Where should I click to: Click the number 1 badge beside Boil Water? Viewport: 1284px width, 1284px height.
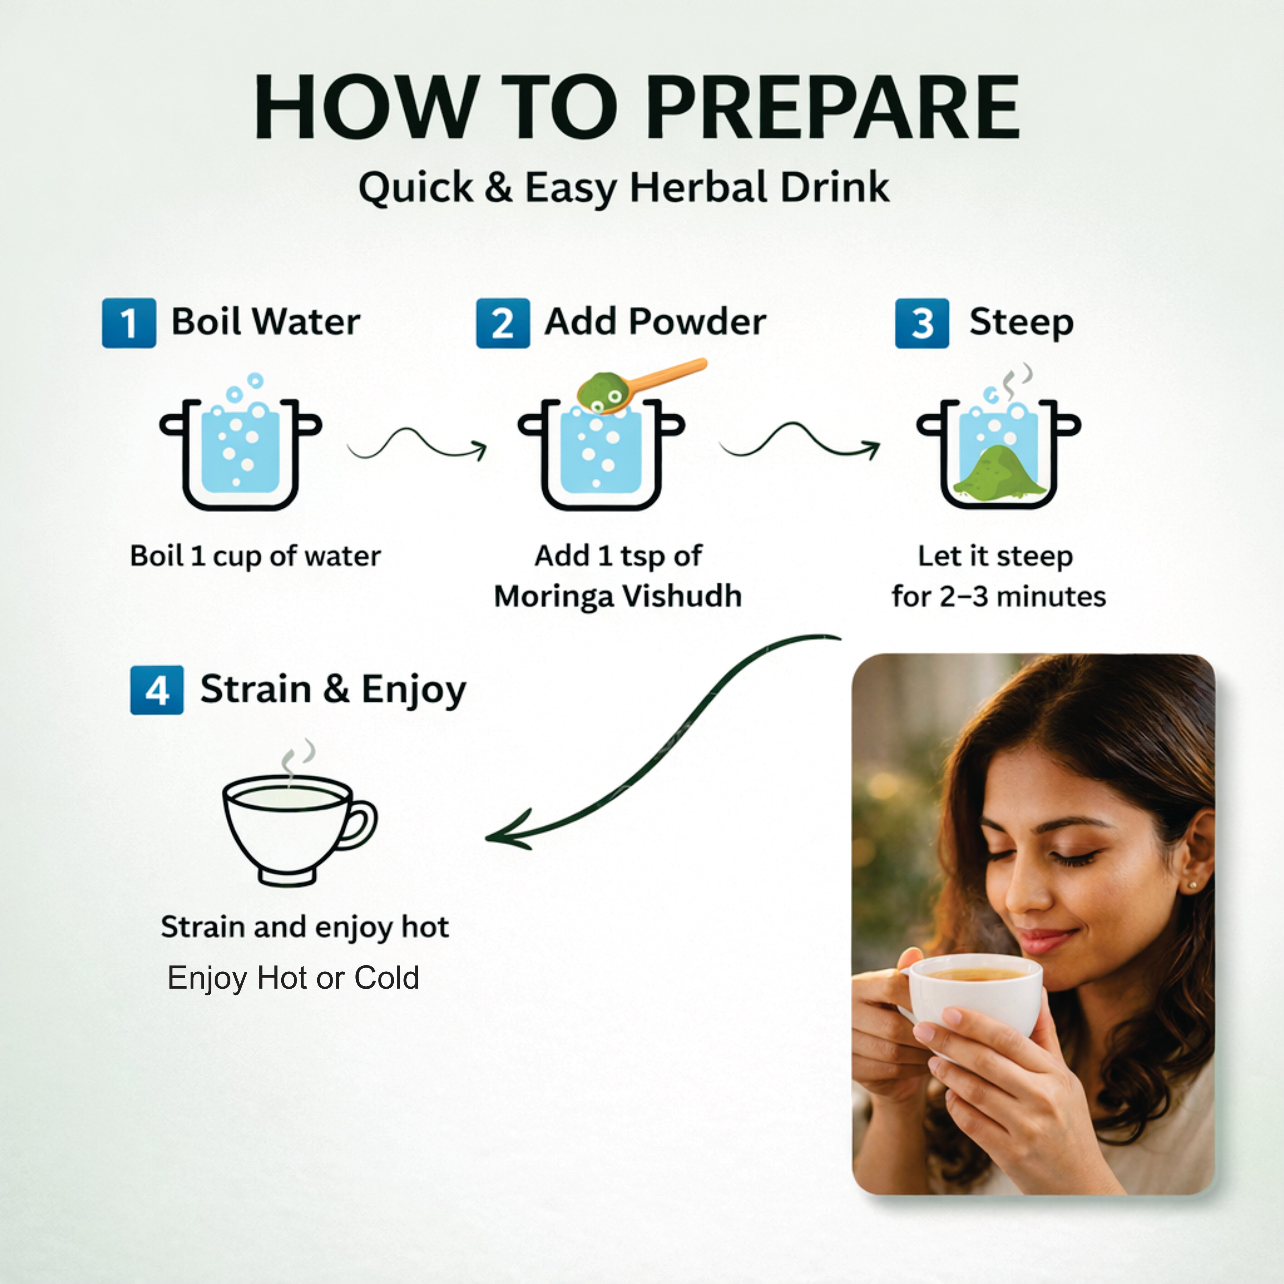(x=129, y=323)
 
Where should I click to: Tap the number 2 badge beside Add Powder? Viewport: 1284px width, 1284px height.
(x=503, y=323)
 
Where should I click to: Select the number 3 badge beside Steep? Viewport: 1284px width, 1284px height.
(x=922, y=323)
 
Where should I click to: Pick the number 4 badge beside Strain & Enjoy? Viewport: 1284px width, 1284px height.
(x=157, y=690)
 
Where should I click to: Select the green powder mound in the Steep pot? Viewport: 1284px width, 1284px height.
(x=999, y=470)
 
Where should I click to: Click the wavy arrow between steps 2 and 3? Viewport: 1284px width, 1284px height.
(x=799, y=441)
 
